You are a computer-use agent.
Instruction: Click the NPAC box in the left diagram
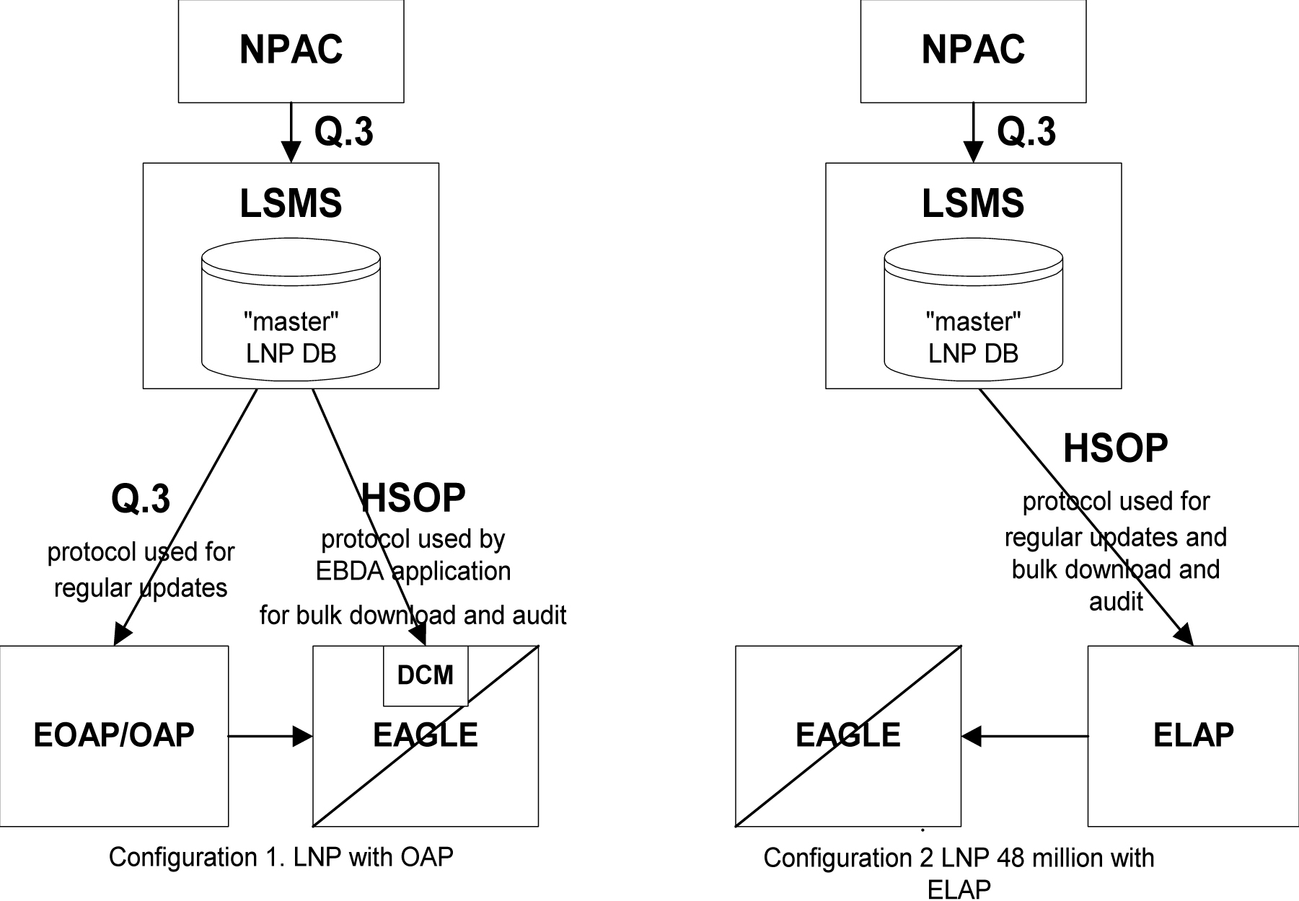pos(291,50)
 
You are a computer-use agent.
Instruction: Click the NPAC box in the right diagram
pos(973,50)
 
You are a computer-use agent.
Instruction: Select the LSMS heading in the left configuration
pos(291,203)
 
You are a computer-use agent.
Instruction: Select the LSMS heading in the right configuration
pos(973,203)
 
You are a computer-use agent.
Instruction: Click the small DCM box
pos(426,675)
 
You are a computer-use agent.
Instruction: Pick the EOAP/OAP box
pos(114,735)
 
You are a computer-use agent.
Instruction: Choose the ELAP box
pos(1193,735)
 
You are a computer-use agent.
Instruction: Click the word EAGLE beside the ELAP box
pos(847,735)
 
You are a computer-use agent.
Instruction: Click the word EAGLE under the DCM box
pos(426,735)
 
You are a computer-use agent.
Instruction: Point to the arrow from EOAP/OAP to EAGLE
pos(270,736)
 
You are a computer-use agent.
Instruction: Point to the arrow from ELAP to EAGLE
pos(1024,736)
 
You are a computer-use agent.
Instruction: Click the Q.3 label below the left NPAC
pos(344,132)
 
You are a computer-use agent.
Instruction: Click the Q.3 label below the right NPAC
pos(1026,132)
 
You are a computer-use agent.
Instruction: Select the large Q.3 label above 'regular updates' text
pos(141,498)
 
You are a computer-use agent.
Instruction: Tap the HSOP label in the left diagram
pos(413,498)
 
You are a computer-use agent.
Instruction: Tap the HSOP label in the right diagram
pos(1115,448)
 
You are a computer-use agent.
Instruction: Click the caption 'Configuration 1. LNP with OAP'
pos(281,857)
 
